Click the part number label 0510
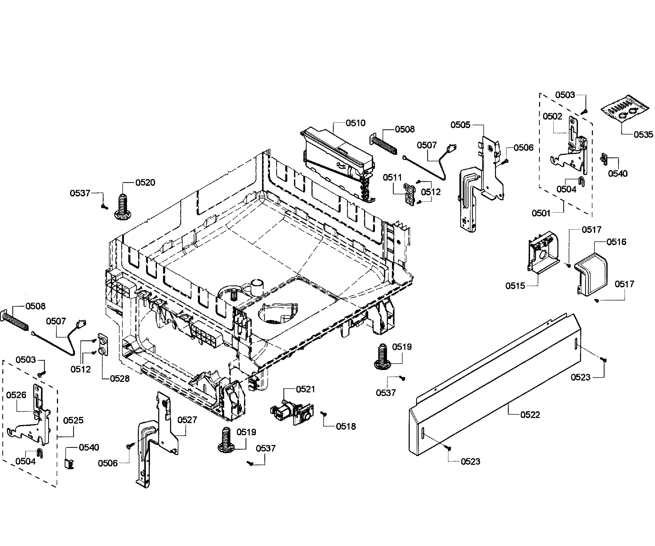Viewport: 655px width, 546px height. coord(355,123)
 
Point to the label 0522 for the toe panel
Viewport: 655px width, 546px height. coord(530,415)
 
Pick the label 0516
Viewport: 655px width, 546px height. coord(616,242)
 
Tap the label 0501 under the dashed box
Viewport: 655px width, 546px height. coord(541,213)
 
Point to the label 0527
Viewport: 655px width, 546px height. coord(187,420)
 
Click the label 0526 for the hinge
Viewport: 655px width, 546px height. coord(16,395)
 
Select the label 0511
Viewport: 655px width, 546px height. coord(392,178)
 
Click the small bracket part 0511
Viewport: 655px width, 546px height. coord(410,195)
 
